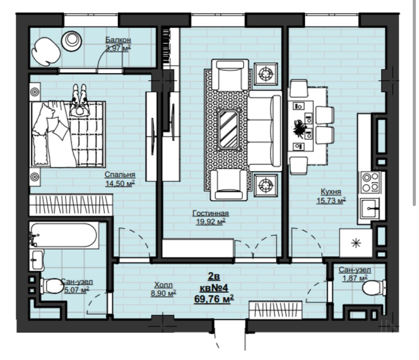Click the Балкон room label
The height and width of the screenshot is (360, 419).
(118, 40)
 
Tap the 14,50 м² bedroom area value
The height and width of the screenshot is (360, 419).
(120, 183)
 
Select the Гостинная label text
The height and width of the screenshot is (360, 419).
(211, 213)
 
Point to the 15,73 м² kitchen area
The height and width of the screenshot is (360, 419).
(331, 201)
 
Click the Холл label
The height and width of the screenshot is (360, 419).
(163, 285)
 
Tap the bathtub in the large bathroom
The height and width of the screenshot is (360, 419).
(64, 235)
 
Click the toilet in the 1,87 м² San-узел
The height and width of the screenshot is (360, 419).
(374, 288)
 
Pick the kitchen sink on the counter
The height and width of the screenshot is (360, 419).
(370, 208)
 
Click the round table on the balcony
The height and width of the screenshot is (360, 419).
(72, 41)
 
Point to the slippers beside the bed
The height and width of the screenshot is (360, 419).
(80, 100)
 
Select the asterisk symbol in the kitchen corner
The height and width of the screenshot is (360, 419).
(356, 243)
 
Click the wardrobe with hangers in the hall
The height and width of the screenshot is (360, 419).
(276, 310)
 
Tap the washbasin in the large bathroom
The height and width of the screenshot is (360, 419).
(37, 260)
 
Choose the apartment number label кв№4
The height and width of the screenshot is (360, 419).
(214, 288)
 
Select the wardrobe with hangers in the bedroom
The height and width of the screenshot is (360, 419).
(71, 205)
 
